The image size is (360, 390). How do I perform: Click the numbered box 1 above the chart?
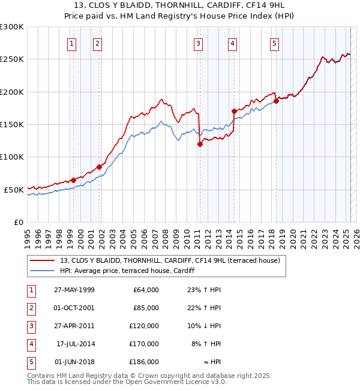point(71,43)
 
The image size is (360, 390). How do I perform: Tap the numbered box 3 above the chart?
point(197,43)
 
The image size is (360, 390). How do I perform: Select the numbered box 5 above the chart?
point(274,43)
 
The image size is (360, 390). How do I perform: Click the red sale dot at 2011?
point(200,144)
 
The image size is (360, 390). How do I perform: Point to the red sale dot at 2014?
point(234,111)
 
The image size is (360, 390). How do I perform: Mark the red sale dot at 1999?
point(73,180)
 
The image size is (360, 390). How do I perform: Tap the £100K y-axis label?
point(13,157)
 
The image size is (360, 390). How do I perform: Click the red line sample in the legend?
point(43,260)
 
